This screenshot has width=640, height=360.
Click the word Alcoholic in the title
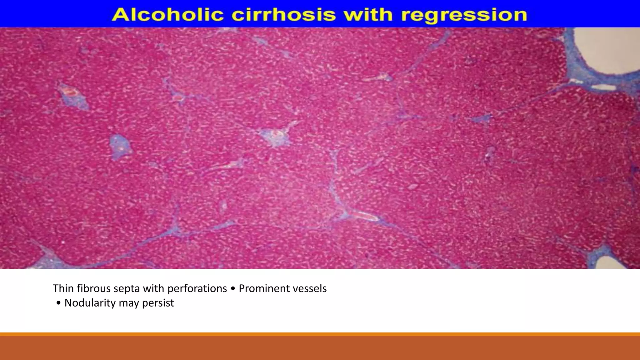pos(167,15)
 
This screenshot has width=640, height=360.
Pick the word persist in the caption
pos(158,303)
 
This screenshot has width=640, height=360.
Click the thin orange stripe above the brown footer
pos(320,334)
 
